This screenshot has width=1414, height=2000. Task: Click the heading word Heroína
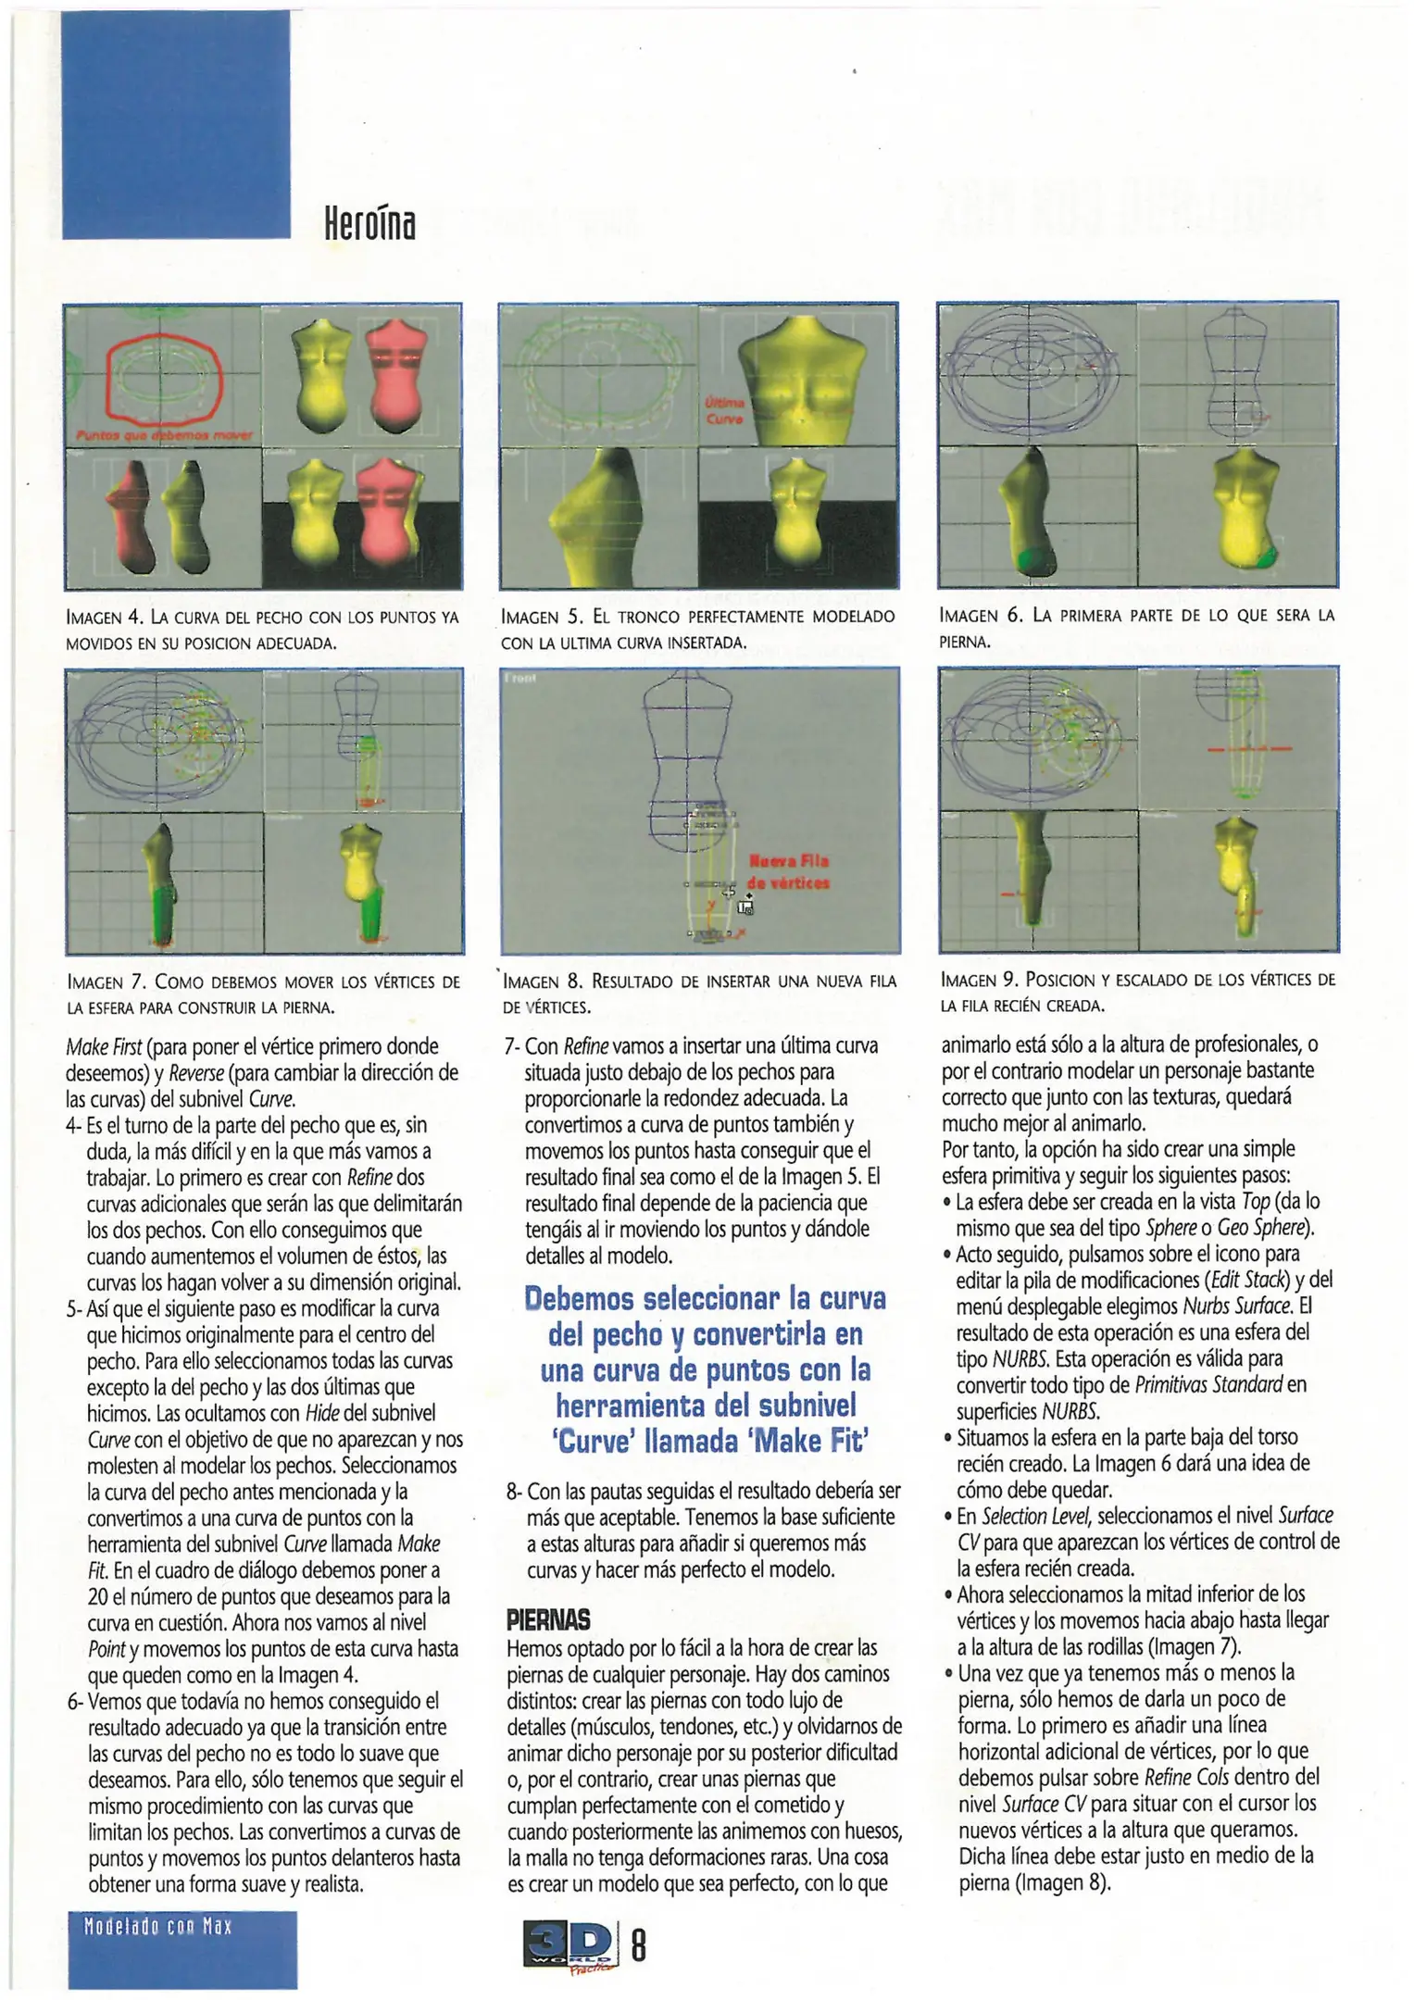[x=369, y=222]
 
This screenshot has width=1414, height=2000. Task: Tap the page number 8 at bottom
[x=638, y=1945]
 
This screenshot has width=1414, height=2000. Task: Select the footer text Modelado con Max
[x=157, y=1927]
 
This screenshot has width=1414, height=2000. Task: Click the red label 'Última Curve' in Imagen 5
[x=724, y=411]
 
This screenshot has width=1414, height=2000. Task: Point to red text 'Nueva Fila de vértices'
[x=789, y=871]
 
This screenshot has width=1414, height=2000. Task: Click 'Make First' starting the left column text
[x=104, y=1047]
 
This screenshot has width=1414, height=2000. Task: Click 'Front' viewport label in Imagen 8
[x=520, y=678]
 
